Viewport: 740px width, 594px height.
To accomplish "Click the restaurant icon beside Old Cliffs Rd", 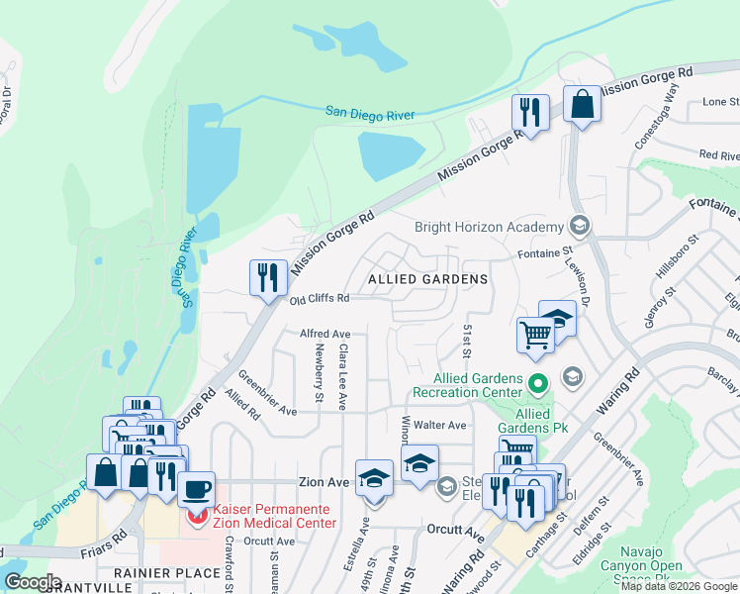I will point(267,277).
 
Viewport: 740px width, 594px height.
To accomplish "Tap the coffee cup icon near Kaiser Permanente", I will point(197,488).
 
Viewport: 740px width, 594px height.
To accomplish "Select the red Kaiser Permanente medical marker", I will point(197,517).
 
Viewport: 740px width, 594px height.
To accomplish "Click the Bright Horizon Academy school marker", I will point(580,227).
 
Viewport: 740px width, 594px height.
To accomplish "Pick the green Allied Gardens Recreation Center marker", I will point(538,381).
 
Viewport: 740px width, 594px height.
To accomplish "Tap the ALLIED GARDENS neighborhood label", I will point(427,280).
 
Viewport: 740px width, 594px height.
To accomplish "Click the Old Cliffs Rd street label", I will point(320,298).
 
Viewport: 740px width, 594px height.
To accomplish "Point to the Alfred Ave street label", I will point(325,335).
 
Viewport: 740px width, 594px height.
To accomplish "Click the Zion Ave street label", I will point(325,482).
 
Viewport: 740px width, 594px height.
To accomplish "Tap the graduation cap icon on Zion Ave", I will point(373,478).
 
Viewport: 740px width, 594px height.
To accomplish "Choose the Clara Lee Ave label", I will point(342,377).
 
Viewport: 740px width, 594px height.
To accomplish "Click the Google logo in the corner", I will point(32,582).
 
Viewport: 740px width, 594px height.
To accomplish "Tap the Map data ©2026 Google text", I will point(679,586).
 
